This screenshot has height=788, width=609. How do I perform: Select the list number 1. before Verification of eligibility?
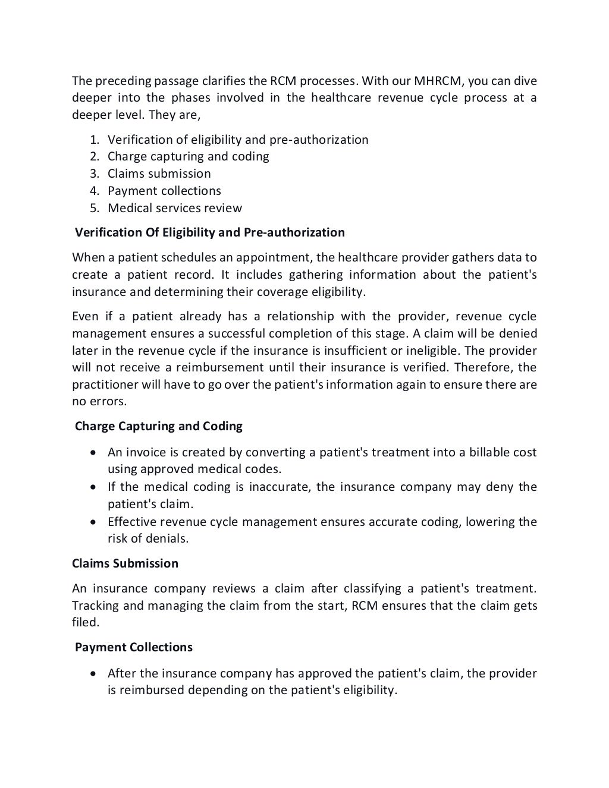pyautogui.click(x=95, y=140)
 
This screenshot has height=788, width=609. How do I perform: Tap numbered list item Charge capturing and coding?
pyautogui.click(x=188, y=156)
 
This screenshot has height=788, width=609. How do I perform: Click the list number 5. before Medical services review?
pyautogui.click(x=95, y=208)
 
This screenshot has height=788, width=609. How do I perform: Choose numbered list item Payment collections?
pyautogui.click(x=164, y=191)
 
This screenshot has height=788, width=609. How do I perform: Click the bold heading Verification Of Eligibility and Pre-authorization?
pyautogui.click(x=209, y=232)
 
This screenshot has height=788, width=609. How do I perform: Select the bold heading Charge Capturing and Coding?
pyautogui.click(x=158, y=426)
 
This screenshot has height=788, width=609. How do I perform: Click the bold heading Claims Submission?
pyautogui.click(x=125, y=563)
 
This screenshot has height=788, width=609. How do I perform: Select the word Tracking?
pyautogui.click(x=95, y=606)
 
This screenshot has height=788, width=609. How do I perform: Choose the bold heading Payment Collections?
pyautogui.click(x=133, y=647)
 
